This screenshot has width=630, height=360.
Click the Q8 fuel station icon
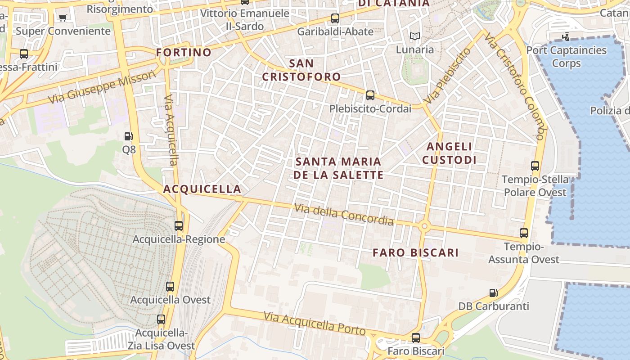129,136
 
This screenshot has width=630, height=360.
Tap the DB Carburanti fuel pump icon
494,293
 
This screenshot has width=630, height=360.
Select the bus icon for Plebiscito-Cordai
370,95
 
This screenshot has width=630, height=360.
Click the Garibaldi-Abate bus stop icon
335,18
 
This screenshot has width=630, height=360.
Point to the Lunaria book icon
414,36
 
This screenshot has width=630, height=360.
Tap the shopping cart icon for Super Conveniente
63,18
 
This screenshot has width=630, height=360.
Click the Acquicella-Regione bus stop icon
179,226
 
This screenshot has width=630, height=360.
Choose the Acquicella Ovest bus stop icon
170,287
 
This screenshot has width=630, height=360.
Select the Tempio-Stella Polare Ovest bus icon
535,166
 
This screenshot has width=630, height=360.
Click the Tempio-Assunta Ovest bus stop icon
524,233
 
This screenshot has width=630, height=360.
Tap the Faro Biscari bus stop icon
416,337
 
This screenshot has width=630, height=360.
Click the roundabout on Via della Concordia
423,226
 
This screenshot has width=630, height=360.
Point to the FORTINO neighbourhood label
184,52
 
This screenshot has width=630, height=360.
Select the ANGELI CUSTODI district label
449,153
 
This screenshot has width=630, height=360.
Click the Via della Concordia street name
344,215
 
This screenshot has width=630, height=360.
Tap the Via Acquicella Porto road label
315,323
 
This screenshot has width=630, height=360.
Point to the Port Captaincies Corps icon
566,36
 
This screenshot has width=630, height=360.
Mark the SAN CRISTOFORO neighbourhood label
301,70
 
